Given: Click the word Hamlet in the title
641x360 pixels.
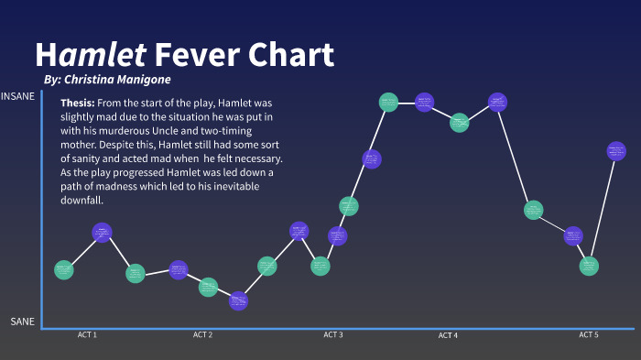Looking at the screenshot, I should coord(91,55).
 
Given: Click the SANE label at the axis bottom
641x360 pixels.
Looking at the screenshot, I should coord(23,322).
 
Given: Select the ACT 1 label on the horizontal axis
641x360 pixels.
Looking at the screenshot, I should coord(87,335).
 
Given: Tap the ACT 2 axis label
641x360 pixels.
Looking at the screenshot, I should coord(202,335).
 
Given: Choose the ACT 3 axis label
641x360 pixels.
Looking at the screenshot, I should coord(333,335).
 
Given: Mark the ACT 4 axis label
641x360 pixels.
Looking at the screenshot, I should coord(448,336).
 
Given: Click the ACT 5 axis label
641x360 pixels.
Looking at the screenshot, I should coord(589,335).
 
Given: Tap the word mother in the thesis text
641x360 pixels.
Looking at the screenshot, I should coord(81,145).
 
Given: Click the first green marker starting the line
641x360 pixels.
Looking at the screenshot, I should coord(63,269).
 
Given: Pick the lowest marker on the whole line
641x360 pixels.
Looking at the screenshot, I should coord(238,300).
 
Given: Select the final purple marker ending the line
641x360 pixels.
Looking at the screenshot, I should coord(616,151).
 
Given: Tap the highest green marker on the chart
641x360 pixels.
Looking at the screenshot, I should coord(388,102).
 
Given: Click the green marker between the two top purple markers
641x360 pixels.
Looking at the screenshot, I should coord(460,122).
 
